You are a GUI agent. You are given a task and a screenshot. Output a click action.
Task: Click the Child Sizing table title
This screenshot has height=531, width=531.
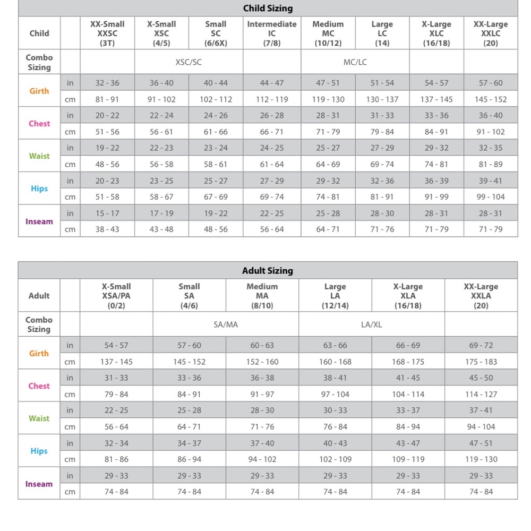[268, 8]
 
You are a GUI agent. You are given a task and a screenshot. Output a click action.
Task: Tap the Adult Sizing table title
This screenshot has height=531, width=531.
[268, 271]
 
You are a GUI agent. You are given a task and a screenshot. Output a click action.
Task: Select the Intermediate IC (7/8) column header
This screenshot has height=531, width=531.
[272, 33]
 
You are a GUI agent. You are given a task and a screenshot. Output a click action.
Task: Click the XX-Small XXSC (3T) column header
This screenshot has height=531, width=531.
[107, 33]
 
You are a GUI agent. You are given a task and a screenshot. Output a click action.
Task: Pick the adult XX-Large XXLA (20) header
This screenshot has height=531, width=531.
[481, 296]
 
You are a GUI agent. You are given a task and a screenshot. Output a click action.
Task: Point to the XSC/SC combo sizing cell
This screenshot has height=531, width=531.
[189, 62]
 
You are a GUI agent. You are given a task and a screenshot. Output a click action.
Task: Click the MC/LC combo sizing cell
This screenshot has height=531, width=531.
[355, 62]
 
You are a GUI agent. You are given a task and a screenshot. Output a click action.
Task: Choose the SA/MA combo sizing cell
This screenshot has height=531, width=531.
[226, 324]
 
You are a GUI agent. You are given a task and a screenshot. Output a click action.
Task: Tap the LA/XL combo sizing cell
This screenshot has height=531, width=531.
[372, 324]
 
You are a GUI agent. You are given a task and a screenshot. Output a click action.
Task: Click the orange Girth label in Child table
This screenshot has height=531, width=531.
[39, 91]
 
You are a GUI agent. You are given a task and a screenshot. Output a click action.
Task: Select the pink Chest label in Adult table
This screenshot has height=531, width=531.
[39, 386]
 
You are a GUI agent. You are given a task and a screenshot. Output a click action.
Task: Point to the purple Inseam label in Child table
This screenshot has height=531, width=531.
[39, 221]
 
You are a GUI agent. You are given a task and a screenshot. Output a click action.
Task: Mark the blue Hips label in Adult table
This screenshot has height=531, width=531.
[39, 451]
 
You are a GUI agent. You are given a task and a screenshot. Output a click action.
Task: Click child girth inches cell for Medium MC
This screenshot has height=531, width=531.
[328, 83]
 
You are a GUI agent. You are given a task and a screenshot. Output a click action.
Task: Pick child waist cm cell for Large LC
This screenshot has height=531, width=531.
[382, 165]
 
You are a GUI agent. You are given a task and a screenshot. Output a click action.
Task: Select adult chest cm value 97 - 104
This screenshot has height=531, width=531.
[335, 395]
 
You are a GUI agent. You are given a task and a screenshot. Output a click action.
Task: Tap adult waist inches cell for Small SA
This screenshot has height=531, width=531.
[189, 410]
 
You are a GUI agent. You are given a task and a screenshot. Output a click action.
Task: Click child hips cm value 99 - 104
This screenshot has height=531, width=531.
[491, 197]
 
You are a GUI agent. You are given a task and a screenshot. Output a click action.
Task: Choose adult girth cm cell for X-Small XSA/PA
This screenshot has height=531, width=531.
[116, 362]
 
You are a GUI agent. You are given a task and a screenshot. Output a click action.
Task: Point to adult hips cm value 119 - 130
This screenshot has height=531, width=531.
[481, 459]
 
